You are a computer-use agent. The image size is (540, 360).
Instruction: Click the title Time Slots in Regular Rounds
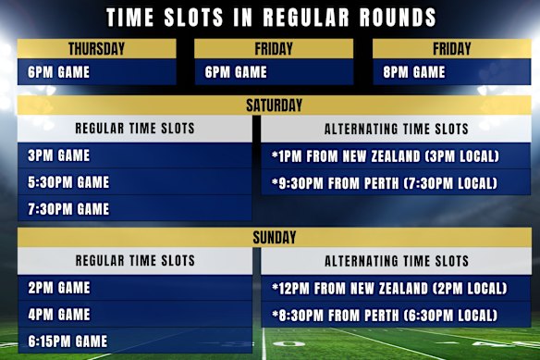[x=270, y=18]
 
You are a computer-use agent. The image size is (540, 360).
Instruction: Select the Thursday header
[x=96, y=49]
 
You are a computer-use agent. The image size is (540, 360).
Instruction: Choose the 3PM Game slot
[x=59, y=155]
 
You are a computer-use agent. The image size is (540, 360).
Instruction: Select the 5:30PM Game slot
[x=68, y=182]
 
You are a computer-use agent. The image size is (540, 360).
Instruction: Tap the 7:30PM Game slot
[x=68, y=209]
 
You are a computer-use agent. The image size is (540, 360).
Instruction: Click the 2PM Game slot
[x=59, y=288]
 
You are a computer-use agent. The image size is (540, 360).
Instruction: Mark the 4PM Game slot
[x=59, y=315]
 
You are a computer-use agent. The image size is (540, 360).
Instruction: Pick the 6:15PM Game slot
[x=68, y=341]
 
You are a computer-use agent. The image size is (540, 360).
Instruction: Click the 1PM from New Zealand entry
[x=386, y=155]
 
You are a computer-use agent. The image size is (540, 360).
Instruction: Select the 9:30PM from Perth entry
[x=386, y=183]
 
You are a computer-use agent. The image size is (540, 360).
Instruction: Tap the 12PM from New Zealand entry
[x=389, y=288]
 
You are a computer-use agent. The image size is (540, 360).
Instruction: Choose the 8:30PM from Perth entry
[x=389, y=315]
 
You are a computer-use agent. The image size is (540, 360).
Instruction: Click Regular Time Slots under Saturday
[x=135, y=129]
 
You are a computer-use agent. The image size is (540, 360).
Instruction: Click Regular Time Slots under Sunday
[x=135, y=262]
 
